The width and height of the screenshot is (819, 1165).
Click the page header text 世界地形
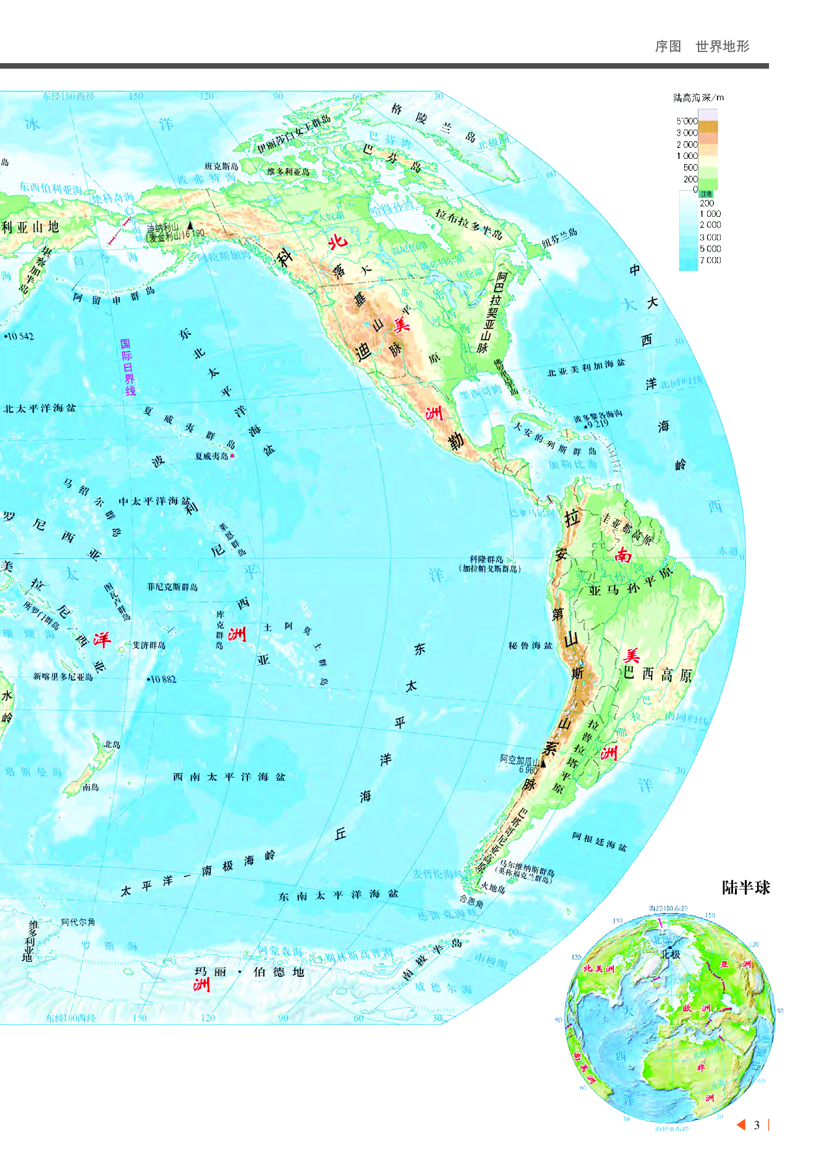[722, 46]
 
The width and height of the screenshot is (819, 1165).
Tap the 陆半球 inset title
[745, 888]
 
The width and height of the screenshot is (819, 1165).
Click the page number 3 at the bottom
[757, 1125]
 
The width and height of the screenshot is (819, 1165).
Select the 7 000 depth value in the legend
[710, 260]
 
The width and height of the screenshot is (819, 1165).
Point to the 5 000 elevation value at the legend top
[686, 121]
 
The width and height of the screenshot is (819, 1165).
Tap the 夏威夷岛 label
[212, 456]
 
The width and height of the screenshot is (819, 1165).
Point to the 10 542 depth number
[20, 337]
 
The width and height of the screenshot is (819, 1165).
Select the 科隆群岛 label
[487, 559]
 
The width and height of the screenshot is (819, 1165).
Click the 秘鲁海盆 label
[530, 646]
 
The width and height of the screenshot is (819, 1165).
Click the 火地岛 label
[493, 887]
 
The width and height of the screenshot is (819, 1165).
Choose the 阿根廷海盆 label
[599, 841]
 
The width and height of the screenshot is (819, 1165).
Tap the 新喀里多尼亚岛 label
[63, 677]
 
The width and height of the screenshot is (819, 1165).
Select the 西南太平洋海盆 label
[229, 777]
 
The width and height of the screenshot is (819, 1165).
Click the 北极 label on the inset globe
[671, 954]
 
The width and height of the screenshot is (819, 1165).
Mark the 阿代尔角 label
[78, 922]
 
